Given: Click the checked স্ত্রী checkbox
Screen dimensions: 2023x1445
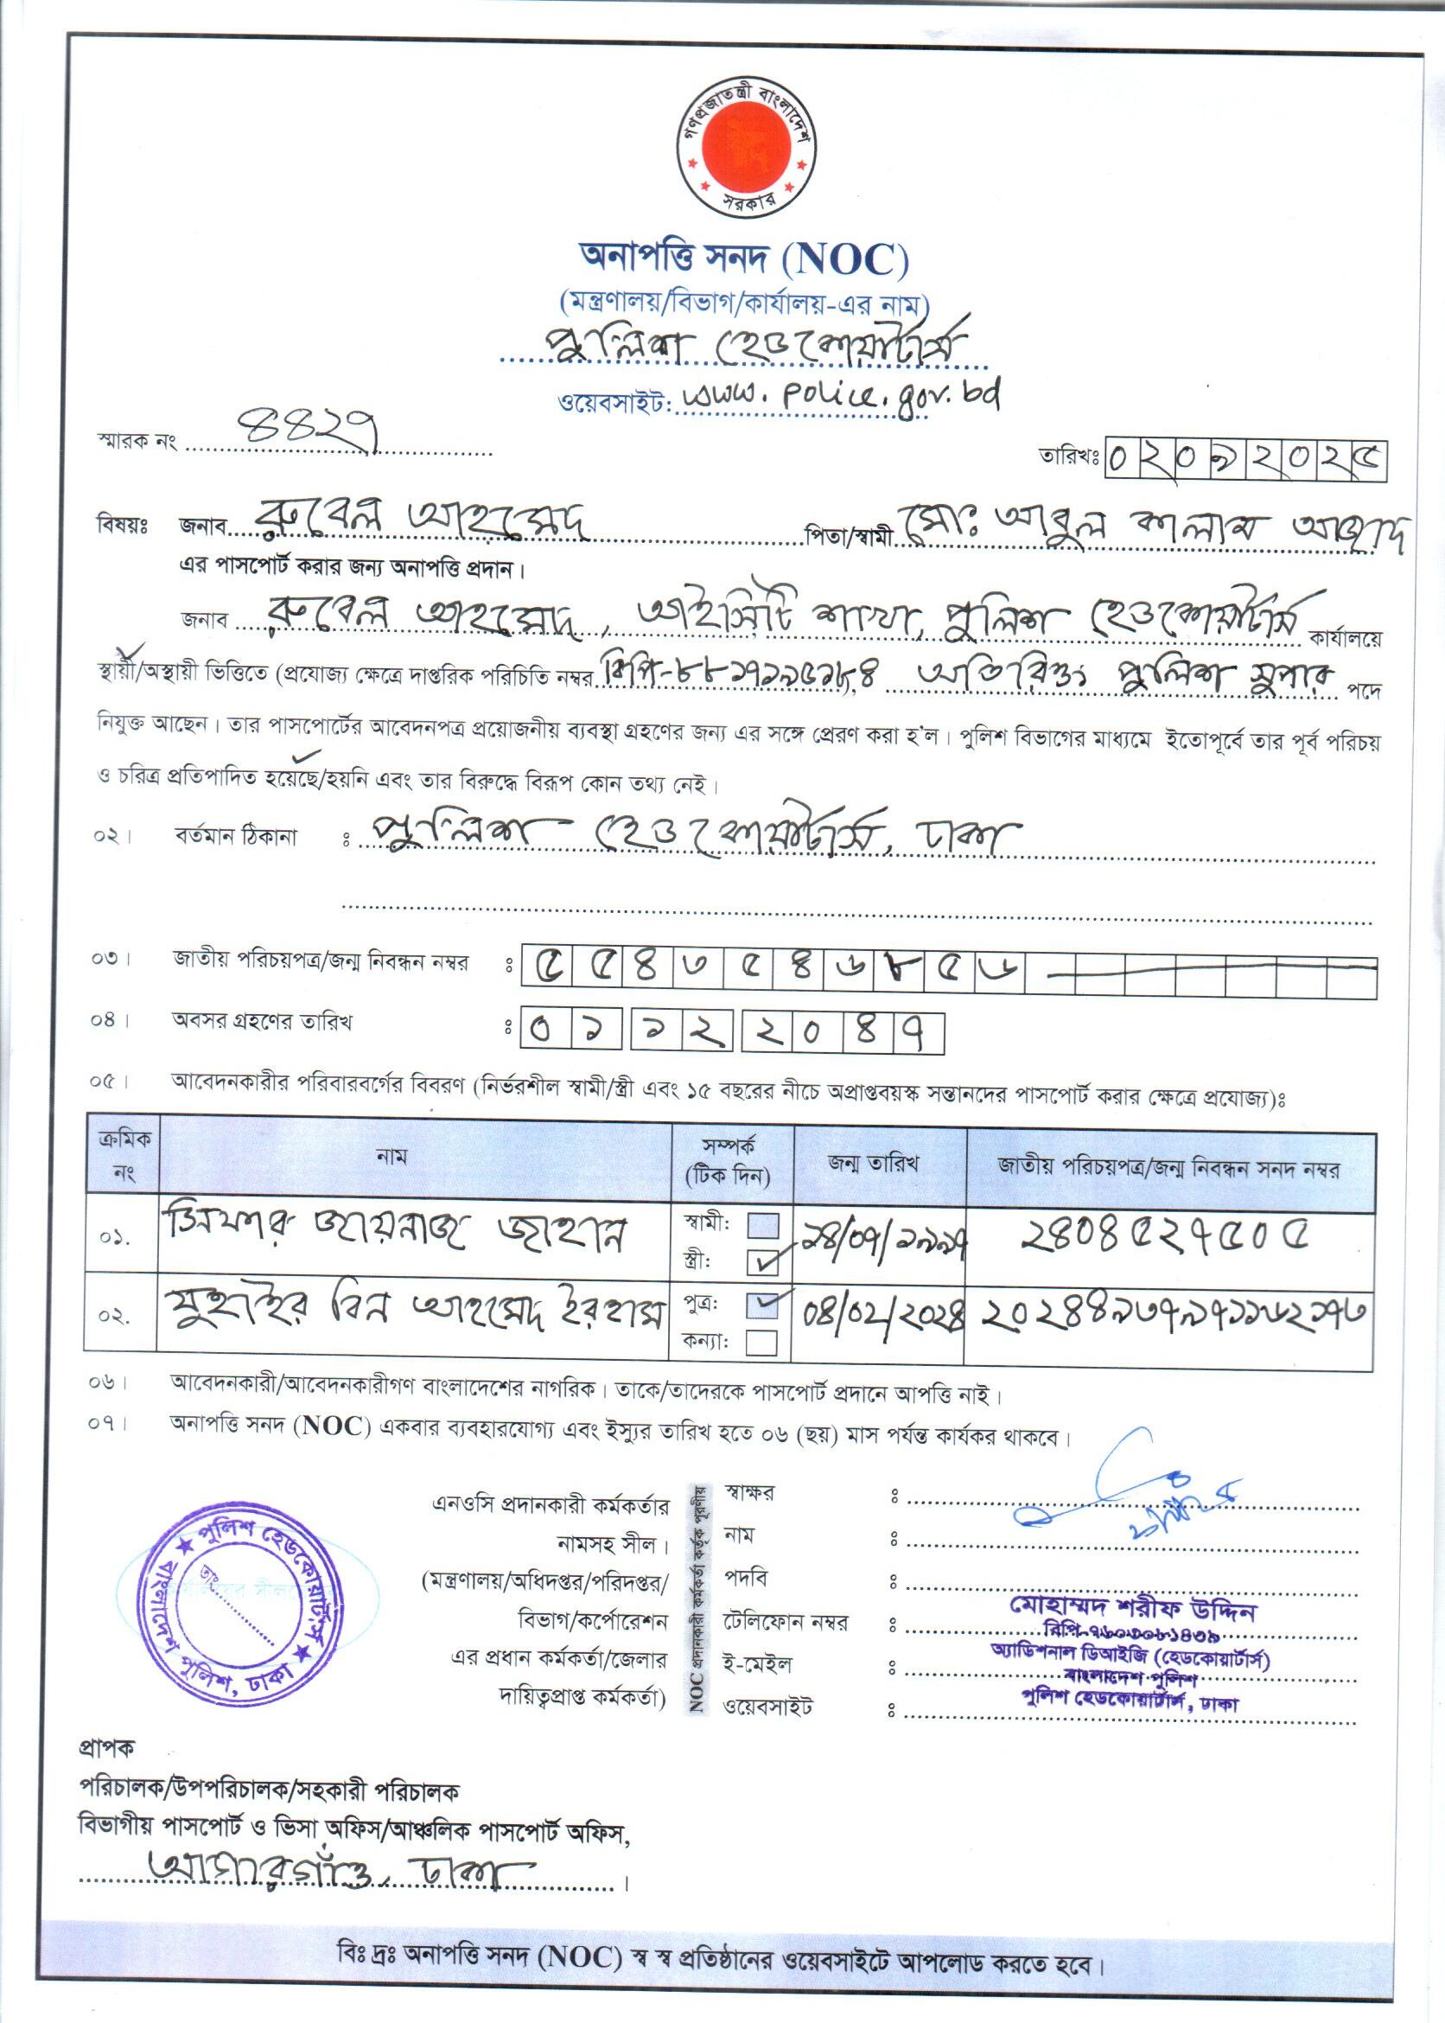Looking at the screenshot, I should tap(763, 1260).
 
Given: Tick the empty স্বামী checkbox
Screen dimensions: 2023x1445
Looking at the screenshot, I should tap(763, 1227).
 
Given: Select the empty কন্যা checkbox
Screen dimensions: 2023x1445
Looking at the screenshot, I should tap(763, 1341).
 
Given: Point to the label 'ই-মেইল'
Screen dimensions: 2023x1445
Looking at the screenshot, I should tap(758, 1664).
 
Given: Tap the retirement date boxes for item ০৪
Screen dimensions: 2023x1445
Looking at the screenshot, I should tap(732, 1034).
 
